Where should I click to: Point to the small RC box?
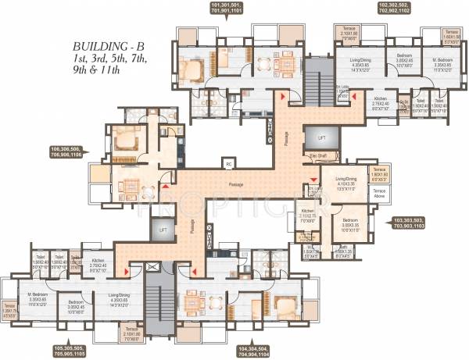[x=229, y=165]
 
